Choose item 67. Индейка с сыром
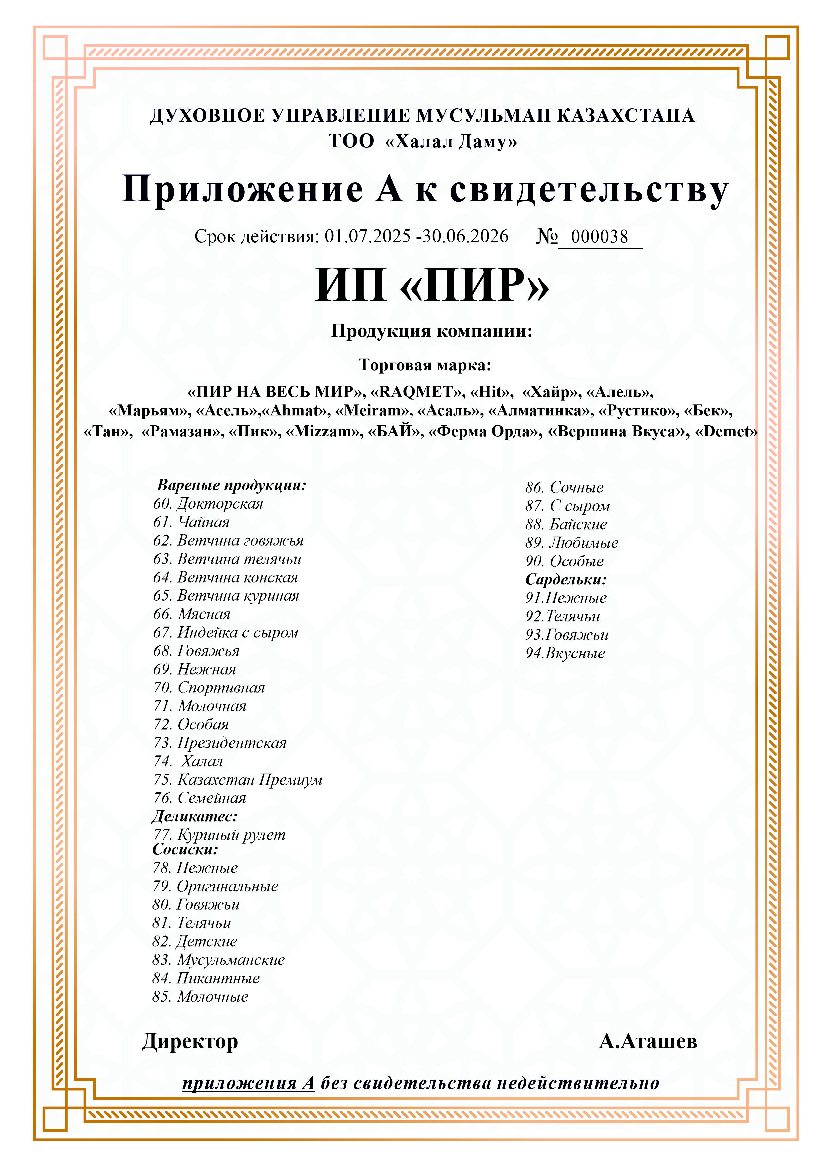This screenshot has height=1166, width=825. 226,632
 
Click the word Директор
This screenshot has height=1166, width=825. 189,1042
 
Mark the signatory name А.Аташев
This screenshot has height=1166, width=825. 648,1042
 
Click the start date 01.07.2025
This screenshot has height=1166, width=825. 367,236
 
